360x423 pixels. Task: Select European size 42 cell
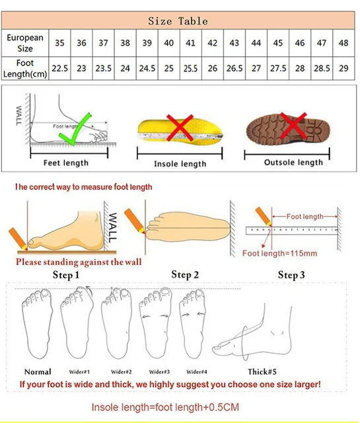pos(213,43)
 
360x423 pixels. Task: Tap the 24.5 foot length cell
pos(147,68)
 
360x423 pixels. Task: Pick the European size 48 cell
pos(343,43)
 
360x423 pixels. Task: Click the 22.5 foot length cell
pos(61,68)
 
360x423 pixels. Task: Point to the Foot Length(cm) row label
pos(26,68)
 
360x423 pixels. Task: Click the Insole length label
pos(180,164)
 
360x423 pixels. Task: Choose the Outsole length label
pos(293,163)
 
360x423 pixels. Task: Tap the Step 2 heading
pos(186,274)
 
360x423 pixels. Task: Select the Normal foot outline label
pos(38,371)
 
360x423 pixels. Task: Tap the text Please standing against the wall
pos(79,262)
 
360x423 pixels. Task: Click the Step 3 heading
pos(291,275)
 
